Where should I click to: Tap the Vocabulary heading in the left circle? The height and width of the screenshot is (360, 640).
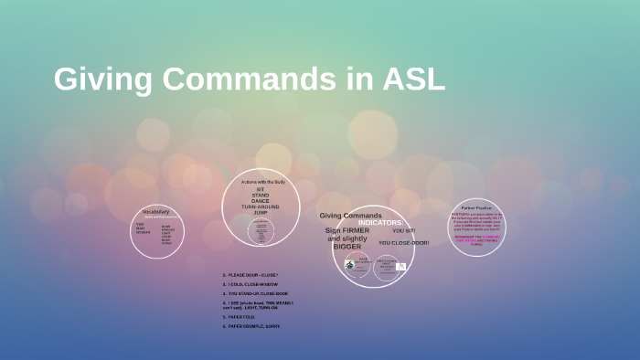(155, 211)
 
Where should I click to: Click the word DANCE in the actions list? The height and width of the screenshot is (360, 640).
(261, 201)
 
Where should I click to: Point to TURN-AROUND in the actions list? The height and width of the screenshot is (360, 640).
(261, 206)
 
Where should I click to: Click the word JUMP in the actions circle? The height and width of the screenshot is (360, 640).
(261, 212)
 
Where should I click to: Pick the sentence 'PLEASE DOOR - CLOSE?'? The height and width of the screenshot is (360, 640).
(251, 274)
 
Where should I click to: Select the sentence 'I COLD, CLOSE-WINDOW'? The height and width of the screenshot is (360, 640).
(251, 284)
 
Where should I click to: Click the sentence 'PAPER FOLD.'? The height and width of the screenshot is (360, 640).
(243, 317)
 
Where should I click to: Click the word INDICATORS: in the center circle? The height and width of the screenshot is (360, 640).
(379, 223)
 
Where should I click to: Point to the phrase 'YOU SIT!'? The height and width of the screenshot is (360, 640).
(403, 231)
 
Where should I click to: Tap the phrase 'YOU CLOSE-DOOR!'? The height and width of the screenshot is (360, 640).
(403, 242)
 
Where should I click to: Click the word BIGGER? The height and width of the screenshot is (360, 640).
(347, 247)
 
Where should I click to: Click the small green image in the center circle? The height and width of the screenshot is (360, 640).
(349, 264)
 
